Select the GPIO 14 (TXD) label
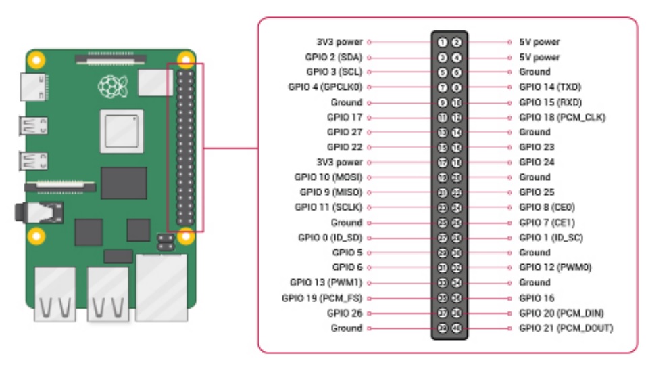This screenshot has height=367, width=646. [x=550, y=87]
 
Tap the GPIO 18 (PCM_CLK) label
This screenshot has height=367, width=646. [x=562, y=117]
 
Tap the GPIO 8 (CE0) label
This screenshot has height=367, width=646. [x=547, y=207]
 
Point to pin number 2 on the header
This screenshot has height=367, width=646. [x=457, y=42]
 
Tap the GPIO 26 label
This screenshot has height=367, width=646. [x=345, y=313]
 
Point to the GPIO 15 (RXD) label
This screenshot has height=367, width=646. [x=550, y=102]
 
